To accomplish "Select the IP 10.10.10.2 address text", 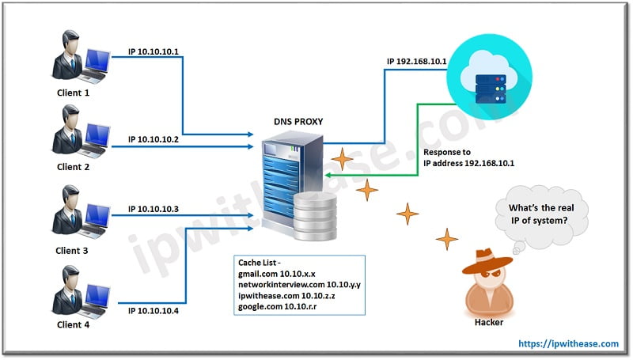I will pos(154,139).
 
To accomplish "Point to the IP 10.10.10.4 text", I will pos(154,309).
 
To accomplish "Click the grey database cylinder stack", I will pos(316,218).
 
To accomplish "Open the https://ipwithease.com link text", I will pos(568,343).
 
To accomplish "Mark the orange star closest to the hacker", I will pos(447,237).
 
